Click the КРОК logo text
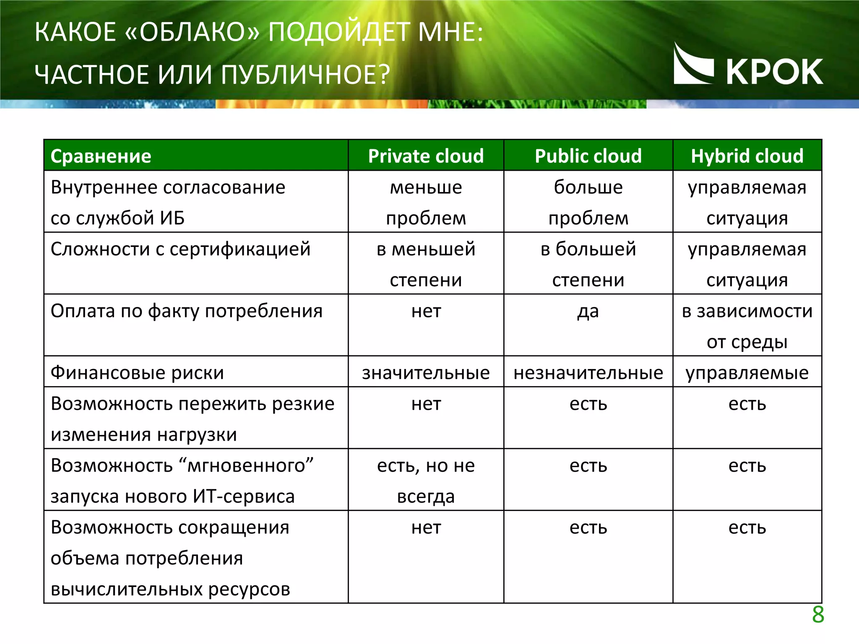pos(774,72)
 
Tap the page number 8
pos(818,615)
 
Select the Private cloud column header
pos(426,156)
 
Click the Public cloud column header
pos(588,156)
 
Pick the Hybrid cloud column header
pos(747,156)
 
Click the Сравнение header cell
pos(101,156)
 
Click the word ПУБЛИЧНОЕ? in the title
pos(305,75)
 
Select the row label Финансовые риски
pos(137,373)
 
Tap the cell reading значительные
pos(426,373)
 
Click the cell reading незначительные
pos(588,373)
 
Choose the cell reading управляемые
pos(747,373)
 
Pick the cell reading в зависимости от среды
pos(747,326)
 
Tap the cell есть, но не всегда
pos(426,480)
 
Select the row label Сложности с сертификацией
pos(180,249)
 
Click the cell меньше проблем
pos(426,202)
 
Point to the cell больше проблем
pos(588,202)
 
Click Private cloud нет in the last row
pos(426,527)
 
